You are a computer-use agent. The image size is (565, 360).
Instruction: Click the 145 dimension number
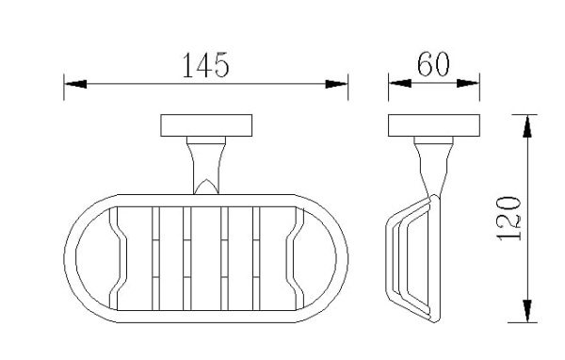pos(205,65)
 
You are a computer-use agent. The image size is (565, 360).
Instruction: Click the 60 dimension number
pos(433,64)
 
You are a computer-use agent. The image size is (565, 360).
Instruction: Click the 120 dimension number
pos(509,219)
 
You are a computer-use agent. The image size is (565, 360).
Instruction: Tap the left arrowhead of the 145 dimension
pos(75,84)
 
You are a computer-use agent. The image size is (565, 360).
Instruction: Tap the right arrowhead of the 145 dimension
pos(336,84)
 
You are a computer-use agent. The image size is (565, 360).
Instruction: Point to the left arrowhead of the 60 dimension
pos(400,83)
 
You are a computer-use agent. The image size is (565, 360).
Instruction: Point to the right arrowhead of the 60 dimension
pos(468,83)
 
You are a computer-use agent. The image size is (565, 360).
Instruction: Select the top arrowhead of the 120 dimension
pos(527,126)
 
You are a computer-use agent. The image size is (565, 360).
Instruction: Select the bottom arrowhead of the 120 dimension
pos(527,311)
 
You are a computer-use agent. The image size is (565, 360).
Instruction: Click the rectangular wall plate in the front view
pos(206,125)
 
